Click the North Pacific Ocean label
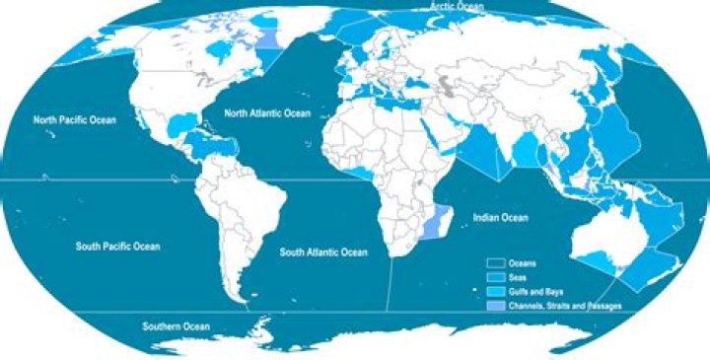click(x=74, y=120)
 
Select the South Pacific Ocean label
click(x=117, y=246)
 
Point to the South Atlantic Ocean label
click(x=323, y=252)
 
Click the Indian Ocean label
click(x=500, y=218)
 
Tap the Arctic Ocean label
click(x=458, y=8)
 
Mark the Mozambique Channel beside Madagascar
click(x=433, y=225)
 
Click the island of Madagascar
click(x=449, y=222)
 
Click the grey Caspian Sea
click(x=450, y=85)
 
